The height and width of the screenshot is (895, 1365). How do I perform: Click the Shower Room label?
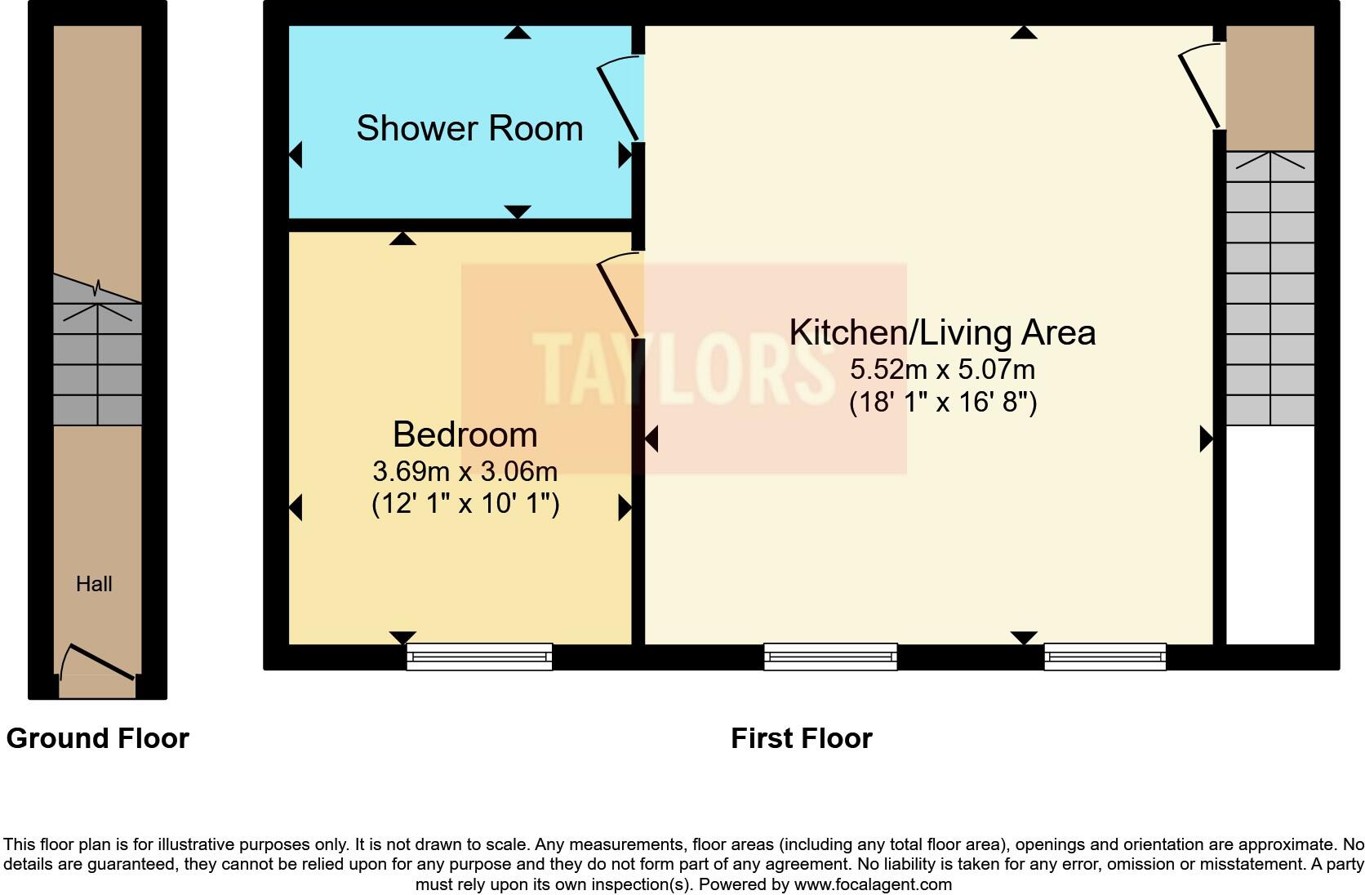(x=469, y=129)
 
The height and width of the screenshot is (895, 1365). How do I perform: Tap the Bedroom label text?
(x=465, y=434)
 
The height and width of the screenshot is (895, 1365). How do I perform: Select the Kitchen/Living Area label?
(x=942, y=332)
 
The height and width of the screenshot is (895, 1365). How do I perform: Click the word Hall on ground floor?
(x=94, y=584)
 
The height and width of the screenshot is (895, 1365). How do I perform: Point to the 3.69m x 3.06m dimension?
(x=465, y=471)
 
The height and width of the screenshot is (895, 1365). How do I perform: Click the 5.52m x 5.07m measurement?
(x=942, y=369)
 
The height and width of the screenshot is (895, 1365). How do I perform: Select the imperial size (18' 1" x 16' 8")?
(x=942, y=403)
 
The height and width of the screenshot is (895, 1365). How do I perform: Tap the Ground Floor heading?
(x=97, y=738)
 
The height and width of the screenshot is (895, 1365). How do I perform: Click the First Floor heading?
(x=801, y=738)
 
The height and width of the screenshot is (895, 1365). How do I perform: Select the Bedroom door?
(x=620, y=296)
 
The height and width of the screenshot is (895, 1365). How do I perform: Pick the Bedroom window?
(x=479, y=657)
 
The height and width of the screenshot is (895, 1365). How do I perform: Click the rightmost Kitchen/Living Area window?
(x=1105, y=657)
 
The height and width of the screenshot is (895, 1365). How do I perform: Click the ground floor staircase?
(x=97, y=363)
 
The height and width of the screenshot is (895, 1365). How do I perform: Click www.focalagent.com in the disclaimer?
(x=872, y=884)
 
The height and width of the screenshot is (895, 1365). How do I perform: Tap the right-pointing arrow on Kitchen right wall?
(x=1206, y=439)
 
